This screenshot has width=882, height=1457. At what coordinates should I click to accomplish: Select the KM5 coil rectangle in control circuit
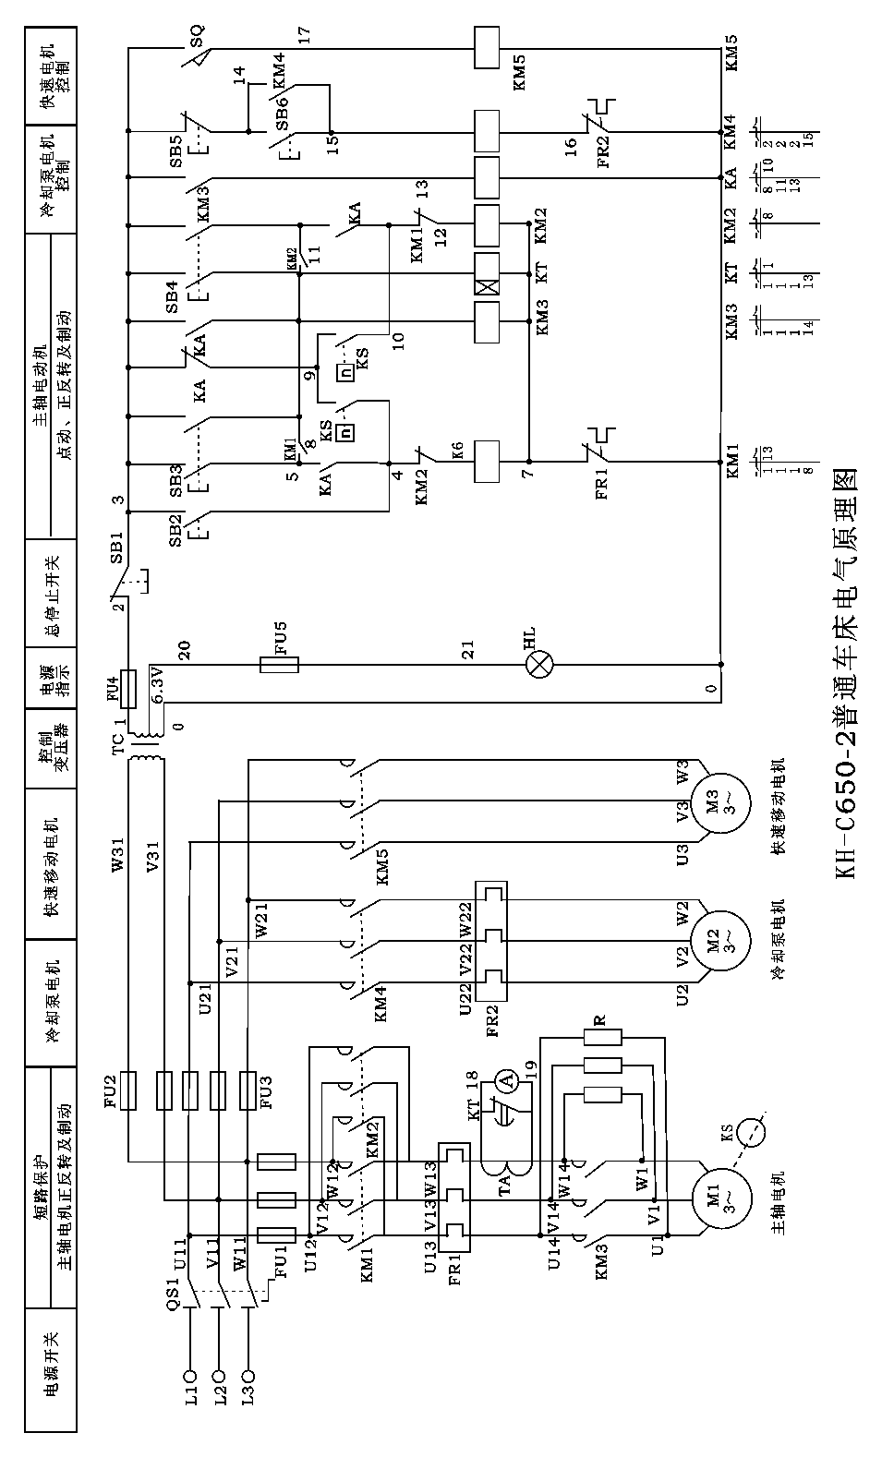[x=486, y=46]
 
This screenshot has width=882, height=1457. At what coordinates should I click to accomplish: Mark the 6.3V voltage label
[x=158, y=688]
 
